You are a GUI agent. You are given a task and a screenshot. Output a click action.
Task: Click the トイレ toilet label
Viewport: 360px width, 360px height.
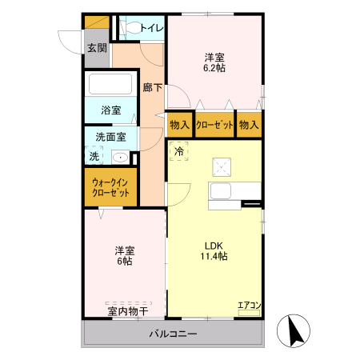[x=152, y=29]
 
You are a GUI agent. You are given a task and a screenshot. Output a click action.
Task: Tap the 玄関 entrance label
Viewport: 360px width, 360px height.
[x=97, y=49]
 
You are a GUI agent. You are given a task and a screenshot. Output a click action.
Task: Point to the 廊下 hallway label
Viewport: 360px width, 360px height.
[x=152, y=87]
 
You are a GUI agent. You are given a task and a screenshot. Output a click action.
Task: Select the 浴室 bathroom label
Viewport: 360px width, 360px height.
[x=110, y=110]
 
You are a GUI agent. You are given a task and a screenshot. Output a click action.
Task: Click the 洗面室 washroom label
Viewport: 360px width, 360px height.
[x=110, y=137]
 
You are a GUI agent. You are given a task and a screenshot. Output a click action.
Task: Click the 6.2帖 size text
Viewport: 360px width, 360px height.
[x=214, y=69]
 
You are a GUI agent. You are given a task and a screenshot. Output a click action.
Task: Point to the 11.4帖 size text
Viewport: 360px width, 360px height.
[x=213, y=256]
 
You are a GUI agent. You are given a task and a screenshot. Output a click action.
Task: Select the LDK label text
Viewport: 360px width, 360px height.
[x=213, y=245]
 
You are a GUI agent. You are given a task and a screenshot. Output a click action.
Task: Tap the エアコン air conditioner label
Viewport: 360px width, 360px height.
[x=250, y=304]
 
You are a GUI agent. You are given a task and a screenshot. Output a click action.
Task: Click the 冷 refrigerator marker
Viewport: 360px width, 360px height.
[x=179, y=151]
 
